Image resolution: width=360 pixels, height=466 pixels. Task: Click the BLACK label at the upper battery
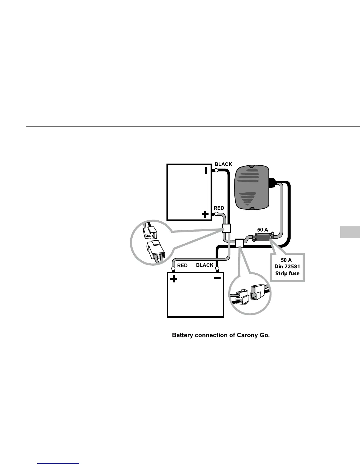[223, 164]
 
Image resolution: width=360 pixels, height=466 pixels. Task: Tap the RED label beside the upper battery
[219, 208]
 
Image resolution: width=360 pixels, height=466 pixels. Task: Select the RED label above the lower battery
[182, 265]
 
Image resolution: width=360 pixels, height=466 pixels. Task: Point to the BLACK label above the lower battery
[205, 265]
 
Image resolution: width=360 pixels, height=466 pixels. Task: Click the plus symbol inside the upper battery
[205, 214]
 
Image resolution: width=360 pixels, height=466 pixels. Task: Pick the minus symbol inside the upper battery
[206, 170]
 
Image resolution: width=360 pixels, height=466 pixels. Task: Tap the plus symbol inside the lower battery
[174, 279]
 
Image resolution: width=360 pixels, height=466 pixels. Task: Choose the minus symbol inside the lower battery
[217, 278]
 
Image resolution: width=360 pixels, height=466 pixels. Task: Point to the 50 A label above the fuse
[263, 230]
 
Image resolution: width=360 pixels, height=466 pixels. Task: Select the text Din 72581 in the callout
[287, 267]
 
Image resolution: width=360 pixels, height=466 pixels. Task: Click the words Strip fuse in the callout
[287, 273]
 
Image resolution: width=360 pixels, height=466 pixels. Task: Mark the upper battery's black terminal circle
[216, 170]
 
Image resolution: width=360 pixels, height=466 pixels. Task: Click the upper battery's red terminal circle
[216, 214]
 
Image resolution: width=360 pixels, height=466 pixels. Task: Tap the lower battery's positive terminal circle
[174, 268]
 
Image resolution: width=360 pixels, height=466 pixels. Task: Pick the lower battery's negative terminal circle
[217, 268]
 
